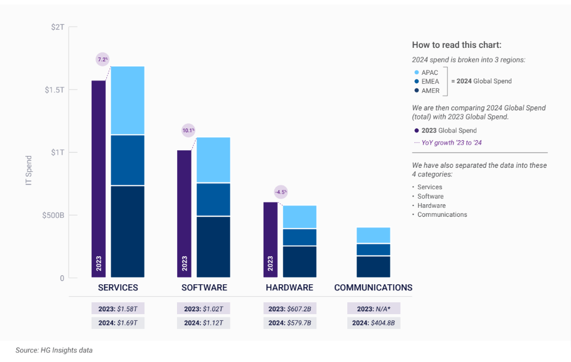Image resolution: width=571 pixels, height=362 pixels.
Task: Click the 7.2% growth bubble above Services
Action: click(x=102, y=60)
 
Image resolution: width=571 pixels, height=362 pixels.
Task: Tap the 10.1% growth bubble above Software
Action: click(x=188, y=131)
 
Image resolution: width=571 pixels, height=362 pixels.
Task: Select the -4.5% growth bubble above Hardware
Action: click(x=280, y=192)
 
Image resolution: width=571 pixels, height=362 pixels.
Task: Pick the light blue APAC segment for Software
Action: click(x=213, y=160)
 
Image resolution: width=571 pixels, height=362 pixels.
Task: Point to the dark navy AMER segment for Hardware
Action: click(x=299, y=262)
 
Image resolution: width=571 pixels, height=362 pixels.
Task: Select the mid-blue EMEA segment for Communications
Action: click(x=373, y=249)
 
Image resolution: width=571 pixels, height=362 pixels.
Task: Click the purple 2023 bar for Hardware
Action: click(x=270, y=240)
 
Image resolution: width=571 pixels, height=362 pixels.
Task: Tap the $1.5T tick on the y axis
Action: click(x=55, y=90)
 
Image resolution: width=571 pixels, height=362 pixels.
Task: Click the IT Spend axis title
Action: click(x=29, y=170)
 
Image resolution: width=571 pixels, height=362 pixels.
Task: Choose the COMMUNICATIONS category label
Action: click(x=373, y=288)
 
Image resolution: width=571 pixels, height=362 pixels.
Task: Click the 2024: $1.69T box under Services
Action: click(x=118, y=323)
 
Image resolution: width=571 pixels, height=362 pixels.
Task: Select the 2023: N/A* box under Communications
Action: click(x=373, y=309)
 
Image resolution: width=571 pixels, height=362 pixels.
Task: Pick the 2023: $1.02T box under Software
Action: click(x=203, y=309)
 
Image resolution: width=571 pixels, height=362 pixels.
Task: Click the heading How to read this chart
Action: click(x=456, y=45)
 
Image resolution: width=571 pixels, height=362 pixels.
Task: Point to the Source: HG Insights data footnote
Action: click(x=53, y=350)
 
